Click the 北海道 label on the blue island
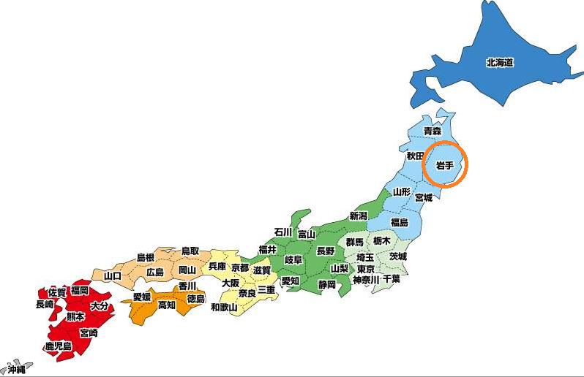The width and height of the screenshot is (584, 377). click(500, 62)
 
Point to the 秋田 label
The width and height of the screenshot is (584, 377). click(416, 156)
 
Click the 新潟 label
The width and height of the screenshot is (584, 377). click(358, 216)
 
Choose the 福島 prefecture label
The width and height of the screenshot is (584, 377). click(400, 222)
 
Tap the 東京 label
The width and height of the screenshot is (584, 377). click(366, 268)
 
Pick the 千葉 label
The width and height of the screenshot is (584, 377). click(391, 279)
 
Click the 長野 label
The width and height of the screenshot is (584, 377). click(325, 251)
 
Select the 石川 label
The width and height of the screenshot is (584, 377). click(282, 232)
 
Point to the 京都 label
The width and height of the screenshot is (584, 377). click(239, 268)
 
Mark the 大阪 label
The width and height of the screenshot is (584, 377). click(231, 283)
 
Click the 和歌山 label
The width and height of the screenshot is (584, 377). click(224, 307)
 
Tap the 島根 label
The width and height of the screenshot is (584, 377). click(146, 258)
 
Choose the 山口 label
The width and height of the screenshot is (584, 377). click(113, 275)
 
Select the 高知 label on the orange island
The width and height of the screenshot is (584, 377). click(167, 305)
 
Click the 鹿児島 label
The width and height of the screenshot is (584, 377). click(58, 346)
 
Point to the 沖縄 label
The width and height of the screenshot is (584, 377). click(12, 370)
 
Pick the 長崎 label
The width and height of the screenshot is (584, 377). click(44, 304)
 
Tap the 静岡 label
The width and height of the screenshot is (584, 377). click(326, 284)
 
